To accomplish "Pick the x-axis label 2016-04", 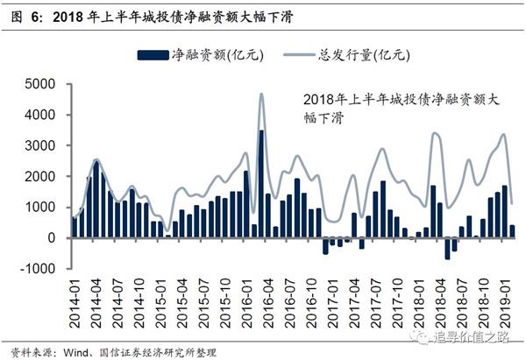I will point(263,301).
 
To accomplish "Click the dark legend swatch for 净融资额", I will point(150,55).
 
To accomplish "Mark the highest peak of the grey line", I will point(261,95).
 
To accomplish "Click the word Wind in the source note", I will point(80,351).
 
